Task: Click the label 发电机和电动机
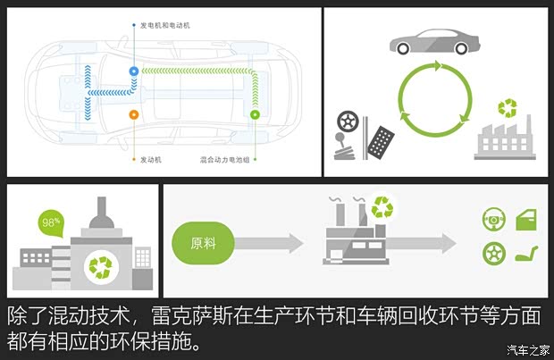tap(165, 26)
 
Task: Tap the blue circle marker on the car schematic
tap(134, 70)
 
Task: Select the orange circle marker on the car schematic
tap(134, 114)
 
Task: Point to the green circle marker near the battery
tap(255, 114)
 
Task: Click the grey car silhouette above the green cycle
tap(434, 41)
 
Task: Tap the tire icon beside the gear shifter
tap(348, 122)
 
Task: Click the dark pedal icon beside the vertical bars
tap(383, 139)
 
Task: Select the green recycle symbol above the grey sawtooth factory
tap(508, 109)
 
